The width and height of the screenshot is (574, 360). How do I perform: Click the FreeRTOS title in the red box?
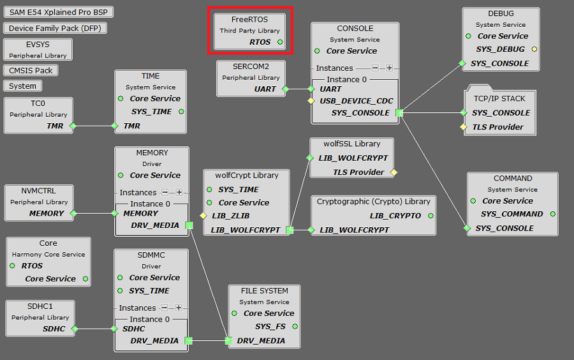(249, 19)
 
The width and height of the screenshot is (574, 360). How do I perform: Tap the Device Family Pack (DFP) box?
(55, 28)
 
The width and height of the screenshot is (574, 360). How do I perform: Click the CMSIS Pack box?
(31, 70)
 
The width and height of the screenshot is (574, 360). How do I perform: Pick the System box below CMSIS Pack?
(23, 86)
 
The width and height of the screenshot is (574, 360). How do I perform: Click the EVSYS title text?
(38, 45)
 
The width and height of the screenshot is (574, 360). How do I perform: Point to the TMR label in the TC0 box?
(55, 126)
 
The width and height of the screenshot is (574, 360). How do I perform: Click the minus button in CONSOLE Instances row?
(376, 68)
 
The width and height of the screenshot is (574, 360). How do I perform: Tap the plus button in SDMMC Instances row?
(179, 308)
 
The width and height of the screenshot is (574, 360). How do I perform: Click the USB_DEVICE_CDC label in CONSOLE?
(357, 101)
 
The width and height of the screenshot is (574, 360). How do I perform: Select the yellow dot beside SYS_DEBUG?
(534, 49)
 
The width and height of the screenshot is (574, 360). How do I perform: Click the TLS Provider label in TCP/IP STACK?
(497, 127)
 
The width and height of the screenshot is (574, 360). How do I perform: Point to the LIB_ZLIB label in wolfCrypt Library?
(232, 216)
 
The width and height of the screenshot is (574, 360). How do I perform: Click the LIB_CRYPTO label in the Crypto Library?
(395, 216)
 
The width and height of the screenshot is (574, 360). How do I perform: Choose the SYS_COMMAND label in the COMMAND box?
(512, 214)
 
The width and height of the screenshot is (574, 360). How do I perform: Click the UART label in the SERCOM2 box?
(265, 89)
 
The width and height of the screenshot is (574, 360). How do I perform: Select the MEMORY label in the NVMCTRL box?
(47, 213)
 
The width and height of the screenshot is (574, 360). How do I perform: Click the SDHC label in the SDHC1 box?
(54, 329)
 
